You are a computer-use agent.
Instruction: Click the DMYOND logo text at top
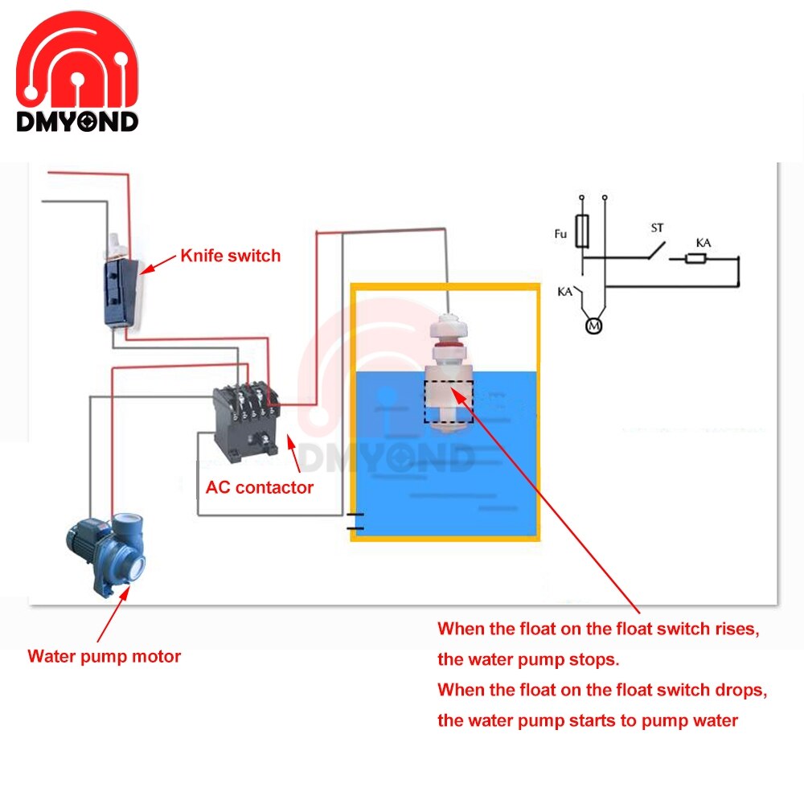[77, 121]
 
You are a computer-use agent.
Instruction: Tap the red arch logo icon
[77, 64]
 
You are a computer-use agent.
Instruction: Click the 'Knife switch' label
[230, 256]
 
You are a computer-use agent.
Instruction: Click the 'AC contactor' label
[260, 487]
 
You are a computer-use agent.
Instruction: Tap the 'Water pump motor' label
[105, 656]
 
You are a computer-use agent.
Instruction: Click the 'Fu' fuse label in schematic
[561, 233]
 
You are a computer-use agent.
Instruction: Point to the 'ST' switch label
[657, 228]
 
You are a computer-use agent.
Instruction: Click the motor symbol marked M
[593, 326]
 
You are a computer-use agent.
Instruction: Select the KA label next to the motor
[564, 292]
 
